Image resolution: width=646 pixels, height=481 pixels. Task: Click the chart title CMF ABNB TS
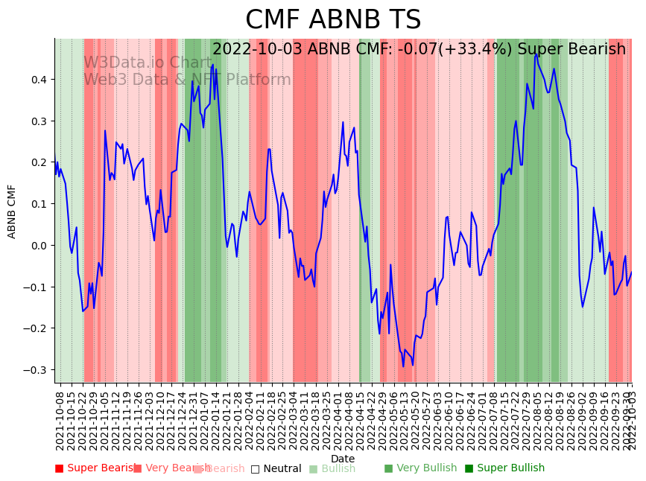[x=333, y=20]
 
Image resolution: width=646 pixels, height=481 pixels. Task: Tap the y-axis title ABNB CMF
[x=12, y=211]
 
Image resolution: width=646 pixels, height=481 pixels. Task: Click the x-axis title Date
[x=343, y=459]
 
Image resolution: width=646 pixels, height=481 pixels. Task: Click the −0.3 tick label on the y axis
[x=35, y=370]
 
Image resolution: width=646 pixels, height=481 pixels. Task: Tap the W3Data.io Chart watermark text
[x=148, y=63]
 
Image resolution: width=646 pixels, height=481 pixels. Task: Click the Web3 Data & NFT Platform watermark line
[x=187, y=80]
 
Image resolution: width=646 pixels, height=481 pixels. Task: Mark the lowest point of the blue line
[x=404, y=366]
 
